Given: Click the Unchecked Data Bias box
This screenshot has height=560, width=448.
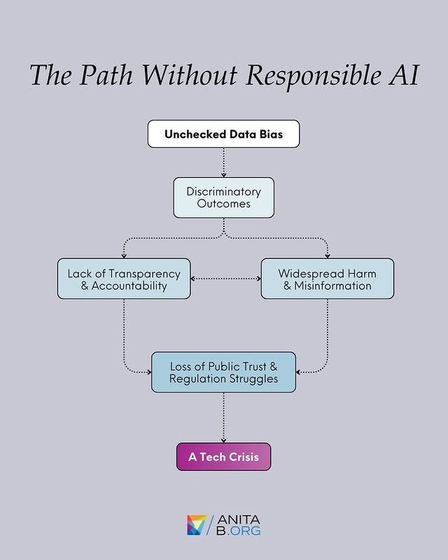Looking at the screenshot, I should (x=223, y=134).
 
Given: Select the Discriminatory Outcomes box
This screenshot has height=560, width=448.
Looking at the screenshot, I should (x=223, y=197).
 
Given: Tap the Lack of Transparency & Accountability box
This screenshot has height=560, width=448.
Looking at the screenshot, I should (x=124, y=279).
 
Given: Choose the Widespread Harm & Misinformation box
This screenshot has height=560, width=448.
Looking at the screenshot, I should (x=327, y=279).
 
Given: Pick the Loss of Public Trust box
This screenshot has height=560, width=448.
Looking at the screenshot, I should (x=223, y=372).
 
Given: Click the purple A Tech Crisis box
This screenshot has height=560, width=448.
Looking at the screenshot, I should (x=223, y=456).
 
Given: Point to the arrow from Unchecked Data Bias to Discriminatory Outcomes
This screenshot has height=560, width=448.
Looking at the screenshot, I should (x=223, y=162).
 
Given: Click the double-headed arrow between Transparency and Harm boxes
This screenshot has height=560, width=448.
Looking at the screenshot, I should (x=225, y=279).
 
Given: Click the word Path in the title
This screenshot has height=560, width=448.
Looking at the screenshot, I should (x=101, y=76).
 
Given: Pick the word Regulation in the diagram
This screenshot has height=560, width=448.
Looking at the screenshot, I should (x=196, y=379).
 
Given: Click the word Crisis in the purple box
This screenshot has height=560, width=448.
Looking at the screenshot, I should (x=242, y=456).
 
